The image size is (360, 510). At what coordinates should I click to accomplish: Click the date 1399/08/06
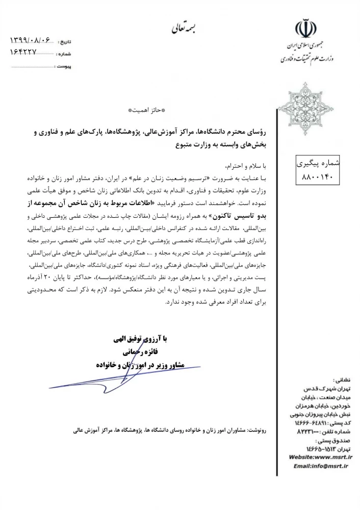pos(32,40)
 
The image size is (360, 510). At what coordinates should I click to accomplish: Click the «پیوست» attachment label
pos(64,66)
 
